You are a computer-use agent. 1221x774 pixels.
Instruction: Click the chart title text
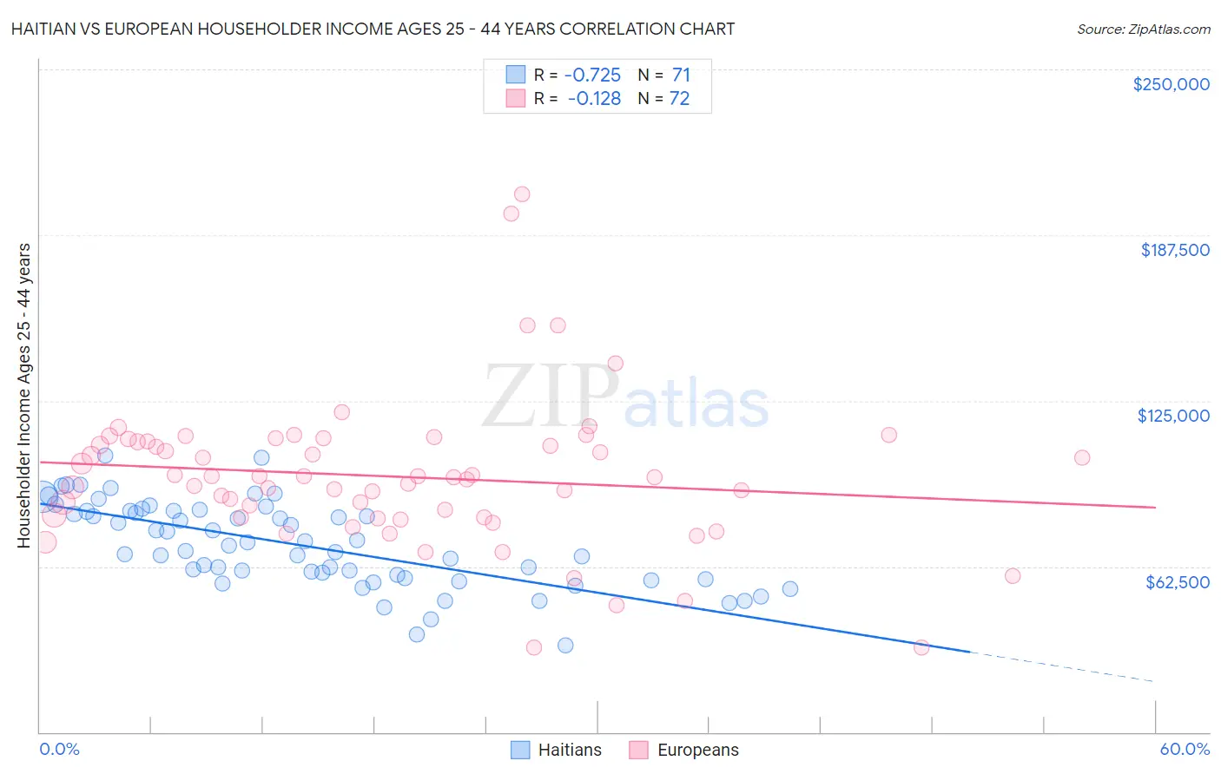[372, 29]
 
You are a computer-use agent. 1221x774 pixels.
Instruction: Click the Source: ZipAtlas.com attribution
[1143, 29]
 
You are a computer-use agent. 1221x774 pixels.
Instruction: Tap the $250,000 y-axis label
[1171, 84]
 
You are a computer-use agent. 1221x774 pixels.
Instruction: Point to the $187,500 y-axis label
[1174, 250]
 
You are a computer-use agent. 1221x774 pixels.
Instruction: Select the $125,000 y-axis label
[1173, 416]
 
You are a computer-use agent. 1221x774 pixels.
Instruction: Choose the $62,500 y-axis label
[1177, 582]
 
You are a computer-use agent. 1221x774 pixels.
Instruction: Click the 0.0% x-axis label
[59, 749]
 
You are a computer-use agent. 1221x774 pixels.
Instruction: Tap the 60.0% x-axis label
[1184, 749]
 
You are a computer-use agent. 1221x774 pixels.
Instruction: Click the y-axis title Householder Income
[23, 396]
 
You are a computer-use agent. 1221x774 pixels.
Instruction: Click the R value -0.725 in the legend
[592, 75]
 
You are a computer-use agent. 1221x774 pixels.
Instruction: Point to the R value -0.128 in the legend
[594, 99]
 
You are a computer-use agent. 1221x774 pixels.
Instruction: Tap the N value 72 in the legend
[679, 99]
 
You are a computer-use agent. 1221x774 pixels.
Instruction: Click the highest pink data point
[522, 194]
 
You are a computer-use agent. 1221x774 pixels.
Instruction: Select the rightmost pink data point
[1081, 457]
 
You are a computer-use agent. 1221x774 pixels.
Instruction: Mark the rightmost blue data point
[790, 589]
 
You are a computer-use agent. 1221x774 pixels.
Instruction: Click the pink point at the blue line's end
[921, 647]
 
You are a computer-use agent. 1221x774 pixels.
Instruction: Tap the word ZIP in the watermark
[550, 396]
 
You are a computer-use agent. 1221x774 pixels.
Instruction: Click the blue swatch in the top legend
[516, 75]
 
